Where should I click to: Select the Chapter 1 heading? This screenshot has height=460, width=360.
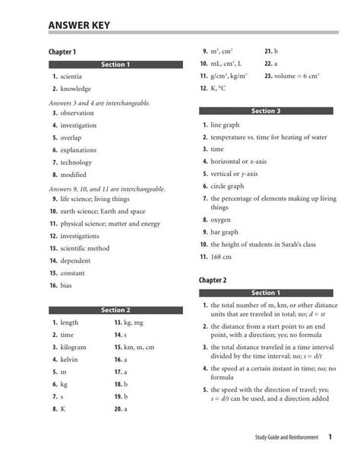[x=63, y=52]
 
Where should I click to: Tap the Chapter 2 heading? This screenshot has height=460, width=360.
[x=213, y=280]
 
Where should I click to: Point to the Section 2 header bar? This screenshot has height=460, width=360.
[x=116, y=310]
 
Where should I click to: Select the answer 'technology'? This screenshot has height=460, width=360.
[x=76, y=162]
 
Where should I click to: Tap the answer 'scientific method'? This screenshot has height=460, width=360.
[x=85, y=248]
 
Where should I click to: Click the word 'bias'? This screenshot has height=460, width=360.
[x=67, y=285]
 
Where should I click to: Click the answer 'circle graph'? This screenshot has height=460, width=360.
[x=227, y=186]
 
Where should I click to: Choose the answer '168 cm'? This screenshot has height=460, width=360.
[x=221, y=257]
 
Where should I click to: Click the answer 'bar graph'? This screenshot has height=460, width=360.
[x=224, y=232]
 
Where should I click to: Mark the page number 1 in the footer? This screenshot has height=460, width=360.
[x=330, y=437]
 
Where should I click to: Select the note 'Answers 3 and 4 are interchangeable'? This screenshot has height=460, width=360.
[x=99, y=102]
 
